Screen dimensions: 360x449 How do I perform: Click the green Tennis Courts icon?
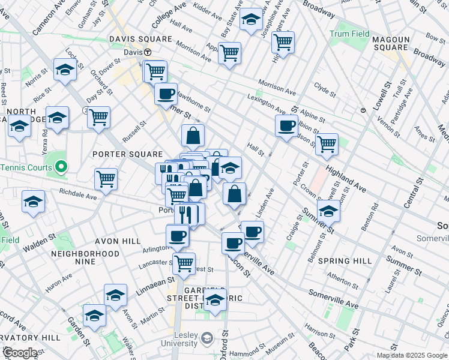click(61, 167)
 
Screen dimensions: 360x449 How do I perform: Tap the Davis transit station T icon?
click(146, 52)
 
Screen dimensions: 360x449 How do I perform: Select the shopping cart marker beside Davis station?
click(155, 71)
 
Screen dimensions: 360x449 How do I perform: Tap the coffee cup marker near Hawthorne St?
click(166, 94)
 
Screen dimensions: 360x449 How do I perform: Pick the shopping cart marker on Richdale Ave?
click(106, 179)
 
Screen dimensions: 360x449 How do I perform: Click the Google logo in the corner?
click(20, 353)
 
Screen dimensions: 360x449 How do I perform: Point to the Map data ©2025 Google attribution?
click(412, 355)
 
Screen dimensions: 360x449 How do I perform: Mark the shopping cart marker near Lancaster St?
click(184, 262)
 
